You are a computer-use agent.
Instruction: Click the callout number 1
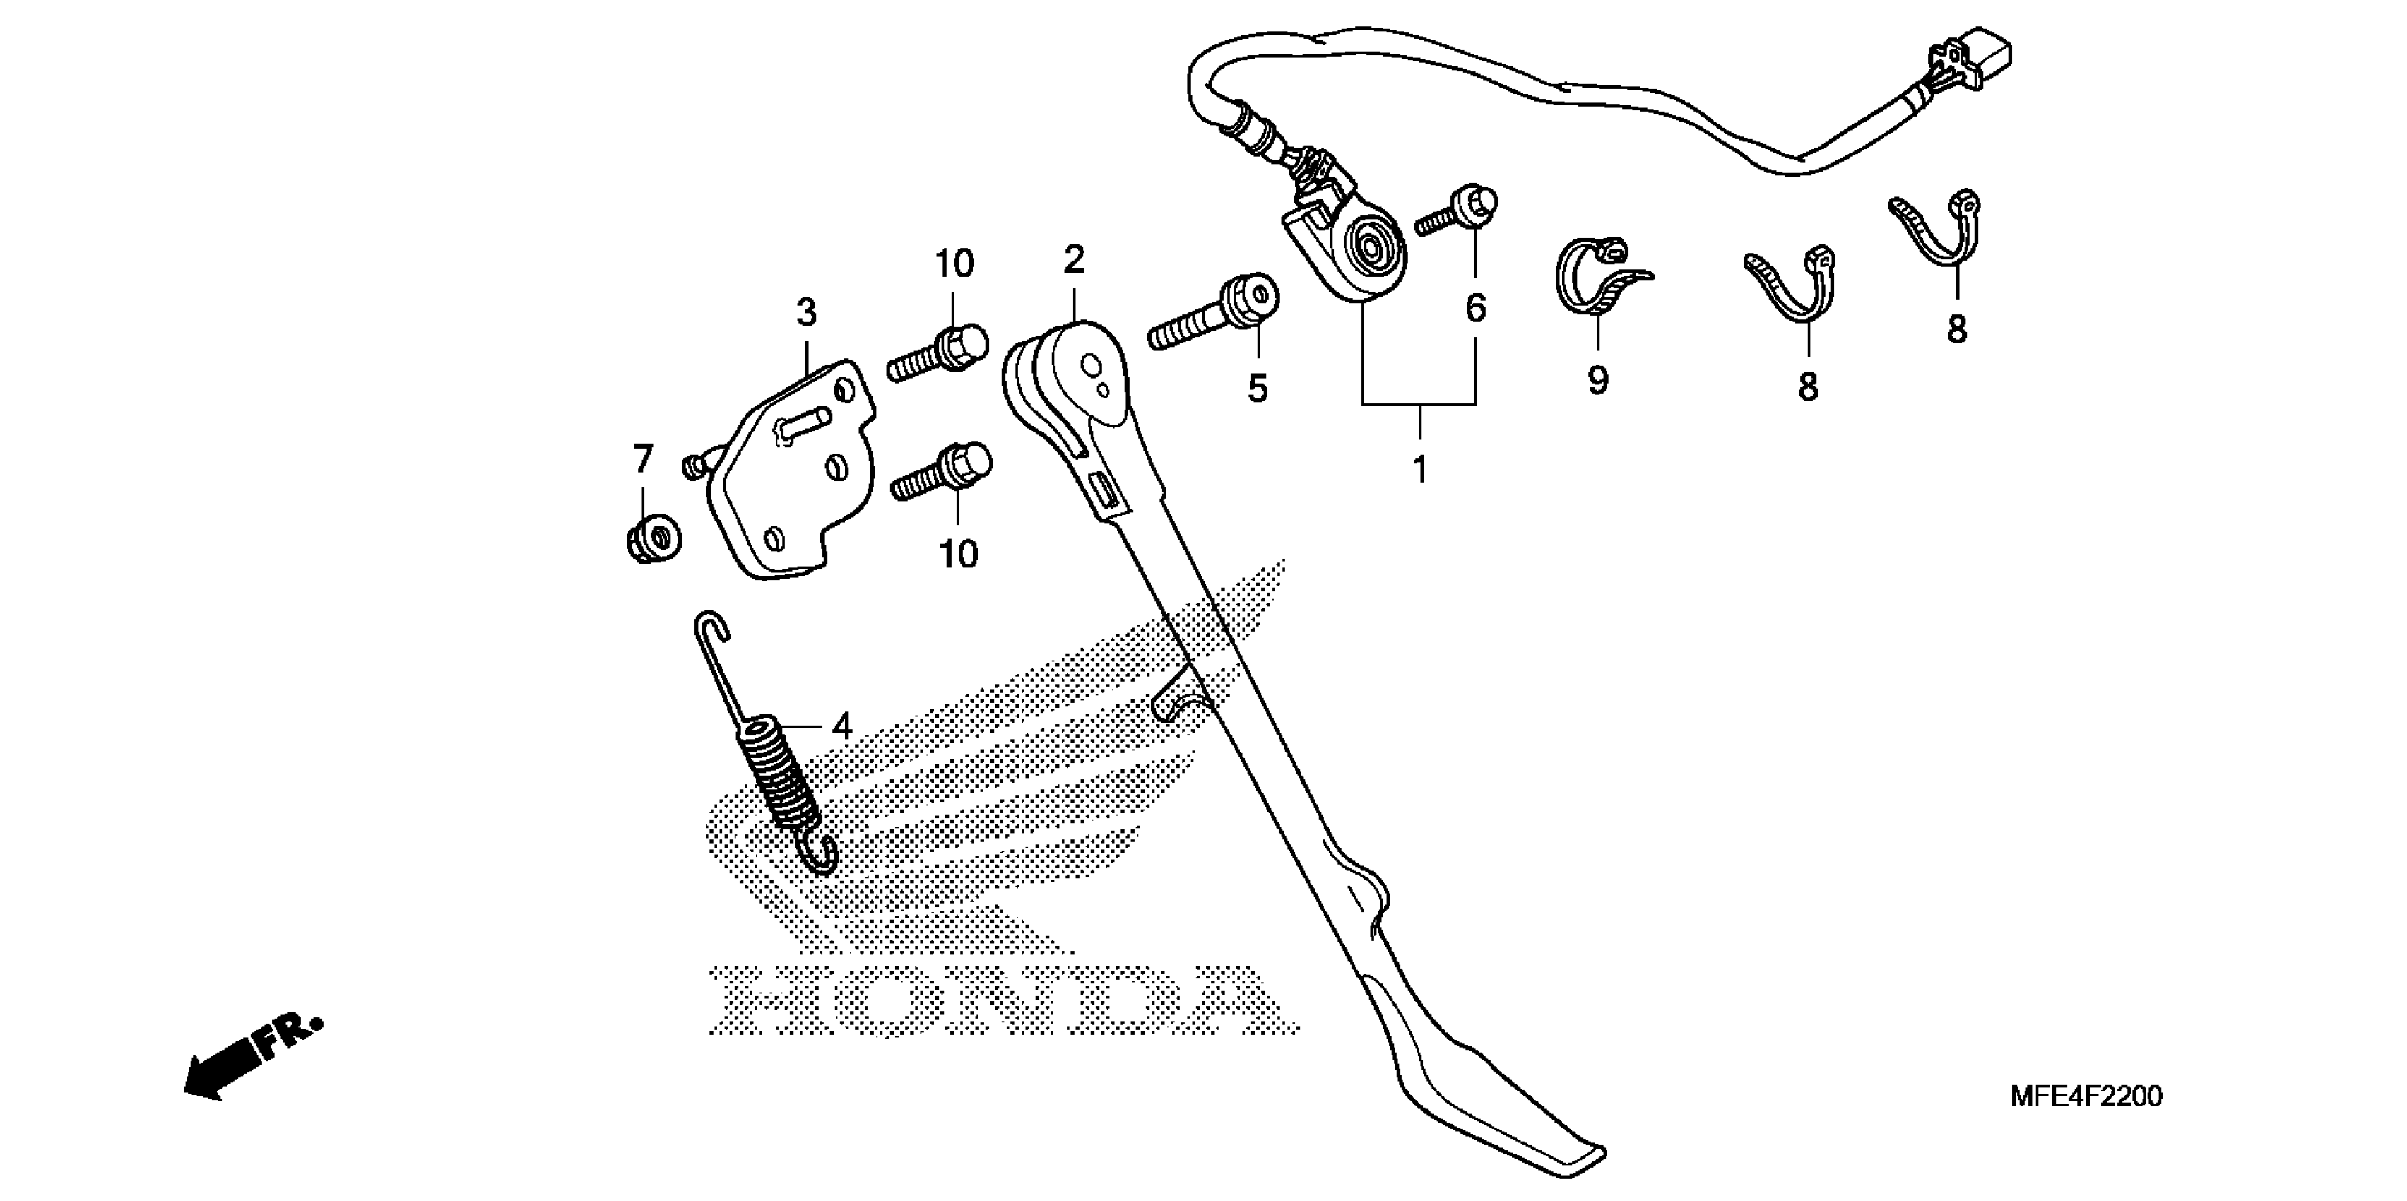tap(1419, 470)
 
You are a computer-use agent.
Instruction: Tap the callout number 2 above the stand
tap(1075, 260)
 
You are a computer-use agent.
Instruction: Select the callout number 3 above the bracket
tap(806, 312)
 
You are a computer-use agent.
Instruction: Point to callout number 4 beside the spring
tap(842, 726)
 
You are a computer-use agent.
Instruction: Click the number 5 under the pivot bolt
tap(1258, 388)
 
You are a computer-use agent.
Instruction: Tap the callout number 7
tap(642, 459)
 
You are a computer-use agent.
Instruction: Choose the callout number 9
tap(1598, 380)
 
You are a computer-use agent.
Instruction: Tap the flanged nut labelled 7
tap(652, 539)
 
